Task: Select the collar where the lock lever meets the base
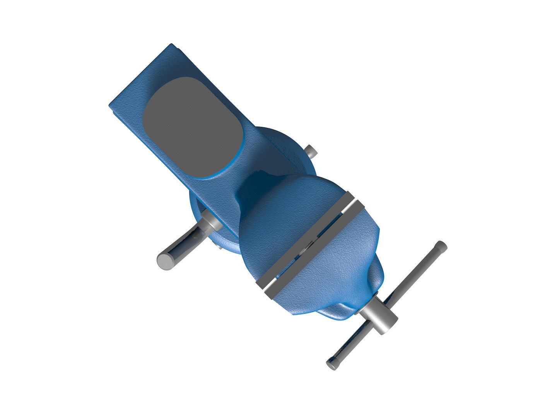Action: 211,222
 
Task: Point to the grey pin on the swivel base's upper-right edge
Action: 311,151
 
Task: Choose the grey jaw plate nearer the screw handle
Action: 315,252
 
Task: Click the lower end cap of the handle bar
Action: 332,364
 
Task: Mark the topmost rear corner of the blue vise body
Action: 170,46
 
